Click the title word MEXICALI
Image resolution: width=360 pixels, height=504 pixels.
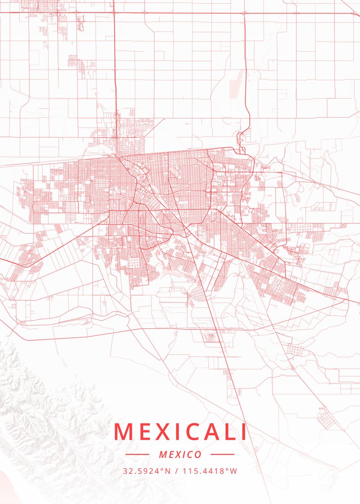(x=180, y=432)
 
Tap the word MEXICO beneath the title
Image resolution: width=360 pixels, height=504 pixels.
(x=180, y=454)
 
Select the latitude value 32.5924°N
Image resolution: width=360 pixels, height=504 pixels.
(x=147, y=471)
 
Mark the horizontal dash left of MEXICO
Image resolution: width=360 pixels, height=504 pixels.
(x=137, y=454)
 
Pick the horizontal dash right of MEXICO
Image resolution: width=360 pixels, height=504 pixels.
(x=222, y=454)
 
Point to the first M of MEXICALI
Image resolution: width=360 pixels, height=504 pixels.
(x=122, y=432)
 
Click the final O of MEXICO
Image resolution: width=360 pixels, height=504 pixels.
(x=198, y=454)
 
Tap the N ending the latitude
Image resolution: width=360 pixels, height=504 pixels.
(x=168, y=471)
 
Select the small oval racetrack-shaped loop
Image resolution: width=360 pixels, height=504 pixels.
(x=81, y=26)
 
